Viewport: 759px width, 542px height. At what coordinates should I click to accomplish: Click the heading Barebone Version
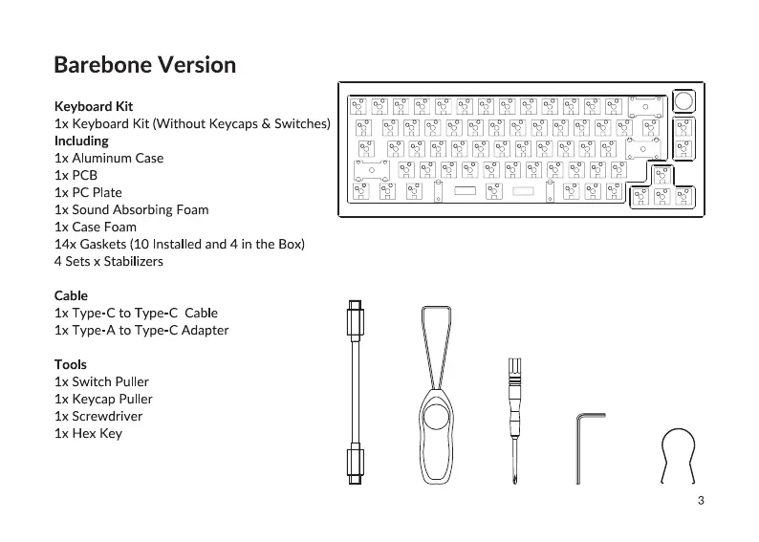(144, 65)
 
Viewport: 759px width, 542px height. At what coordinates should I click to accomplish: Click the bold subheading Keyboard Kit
(94, 106)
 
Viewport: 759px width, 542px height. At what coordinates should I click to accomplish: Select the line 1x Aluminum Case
(109, 158)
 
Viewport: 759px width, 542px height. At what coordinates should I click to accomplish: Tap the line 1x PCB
(76, 175)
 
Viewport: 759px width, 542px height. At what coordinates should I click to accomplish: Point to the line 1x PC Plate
(88, 192)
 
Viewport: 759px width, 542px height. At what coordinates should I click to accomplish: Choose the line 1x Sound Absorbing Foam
(131, 209)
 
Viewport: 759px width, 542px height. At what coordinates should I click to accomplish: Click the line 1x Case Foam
(96, 227)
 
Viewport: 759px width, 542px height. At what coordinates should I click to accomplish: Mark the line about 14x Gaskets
(179, 244)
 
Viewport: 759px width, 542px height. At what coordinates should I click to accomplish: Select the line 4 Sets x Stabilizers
(108, 261)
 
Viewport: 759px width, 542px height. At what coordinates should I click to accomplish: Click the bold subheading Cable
(71, 295)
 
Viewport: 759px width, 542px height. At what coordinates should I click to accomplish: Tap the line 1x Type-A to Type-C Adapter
(141, 330)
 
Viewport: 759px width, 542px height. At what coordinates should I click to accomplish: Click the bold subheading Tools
(71, 364)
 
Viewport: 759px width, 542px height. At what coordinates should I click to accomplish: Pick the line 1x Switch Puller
(101, 381)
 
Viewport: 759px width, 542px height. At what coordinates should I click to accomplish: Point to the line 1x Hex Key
(88, 433)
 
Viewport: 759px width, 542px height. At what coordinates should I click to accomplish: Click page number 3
(701, 500)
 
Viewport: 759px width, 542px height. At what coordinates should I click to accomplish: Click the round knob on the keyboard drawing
(684, 102)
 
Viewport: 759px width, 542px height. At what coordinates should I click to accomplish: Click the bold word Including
(81, 141)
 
